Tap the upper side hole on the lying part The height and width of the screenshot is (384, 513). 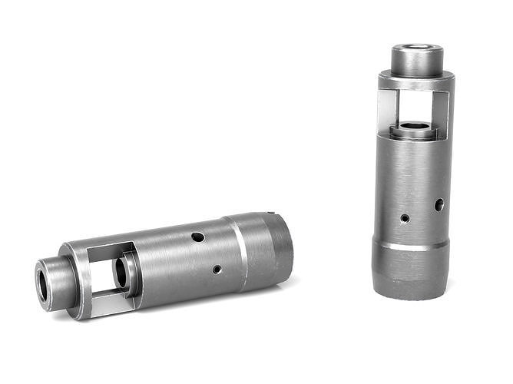point(198,237)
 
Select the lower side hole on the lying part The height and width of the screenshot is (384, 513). point(217,270)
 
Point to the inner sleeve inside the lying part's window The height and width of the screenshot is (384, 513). point(124,273)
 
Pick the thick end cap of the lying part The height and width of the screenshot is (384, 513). point(269,248)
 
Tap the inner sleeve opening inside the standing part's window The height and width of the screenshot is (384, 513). point(415,126)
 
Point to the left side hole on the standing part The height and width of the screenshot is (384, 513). point(405,218)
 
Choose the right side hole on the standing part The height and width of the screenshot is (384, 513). point(439,205)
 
